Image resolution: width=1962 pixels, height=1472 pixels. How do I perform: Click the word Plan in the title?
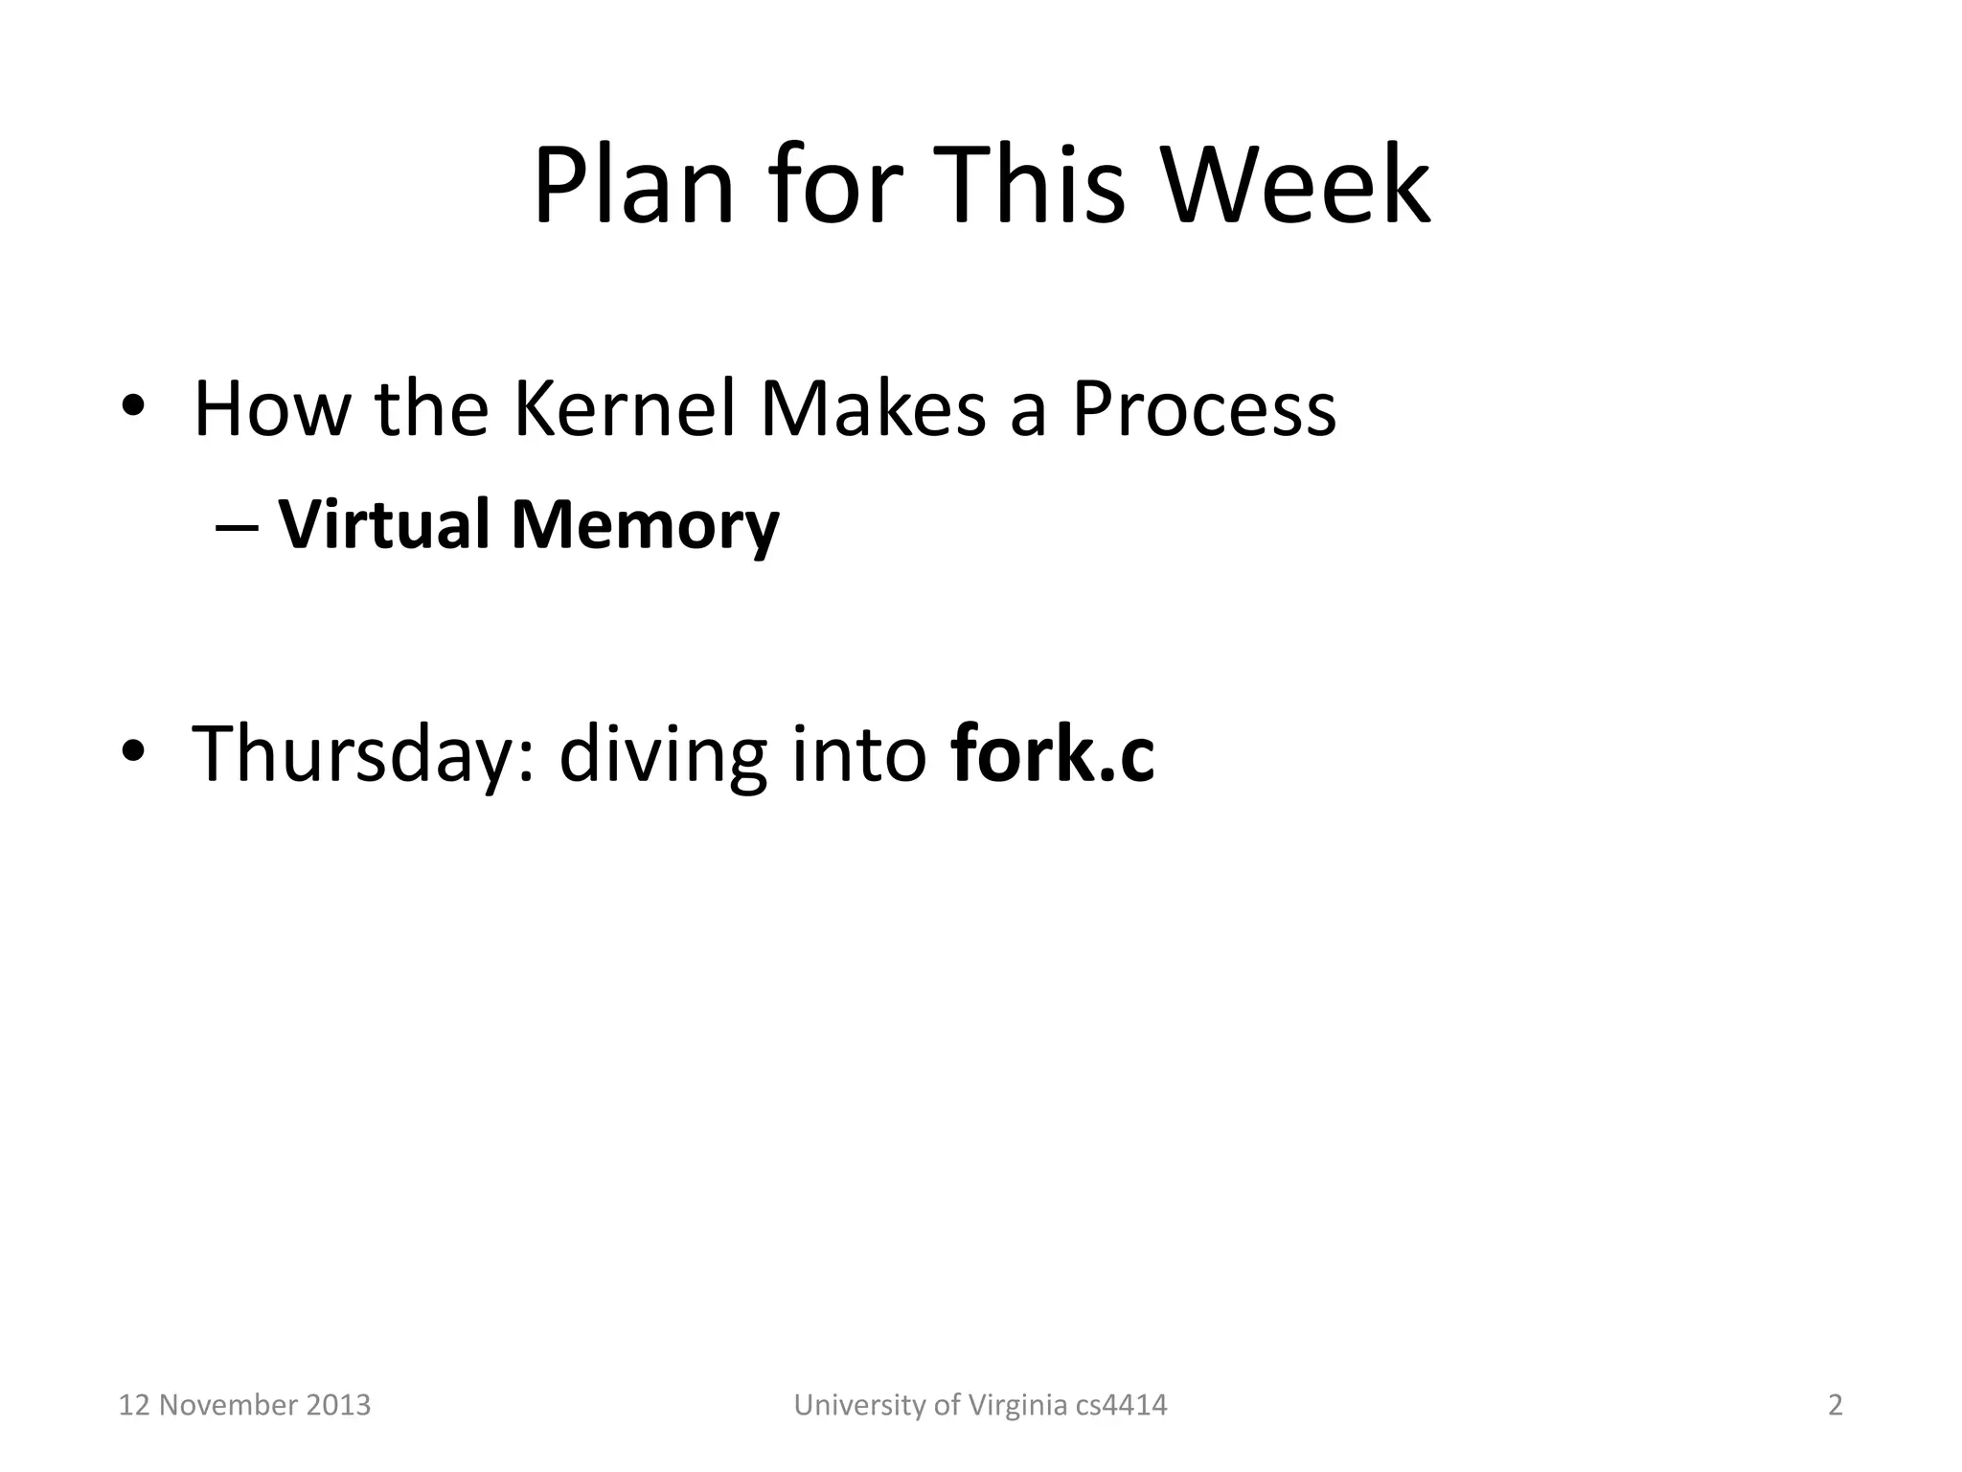pos(633,187)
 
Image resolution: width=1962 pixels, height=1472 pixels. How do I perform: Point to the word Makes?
pos(873,409)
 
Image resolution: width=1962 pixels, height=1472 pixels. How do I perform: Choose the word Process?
pos(1203,411)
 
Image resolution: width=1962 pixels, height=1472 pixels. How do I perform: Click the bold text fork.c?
pos(1053,754)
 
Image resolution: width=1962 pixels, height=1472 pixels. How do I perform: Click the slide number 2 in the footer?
pos(1835,1405)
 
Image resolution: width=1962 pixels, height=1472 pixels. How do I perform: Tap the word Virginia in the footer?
pos(1016,1405)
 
